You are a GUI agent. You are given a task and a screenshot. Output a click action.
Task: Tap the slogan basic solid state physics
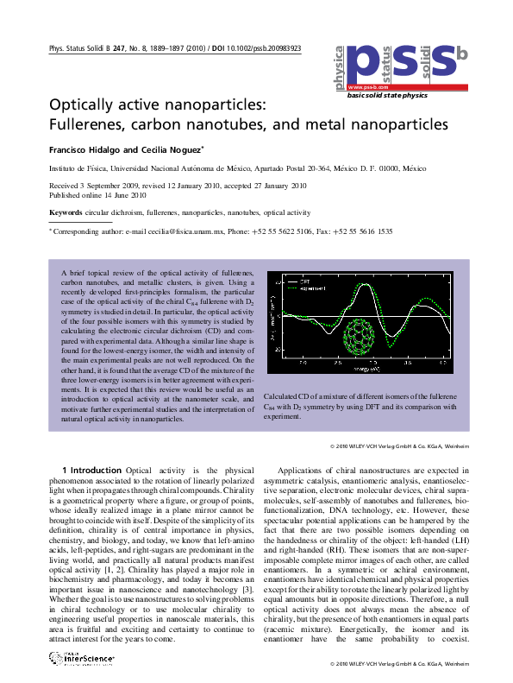pyautogui.click(x=387, y=96)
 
